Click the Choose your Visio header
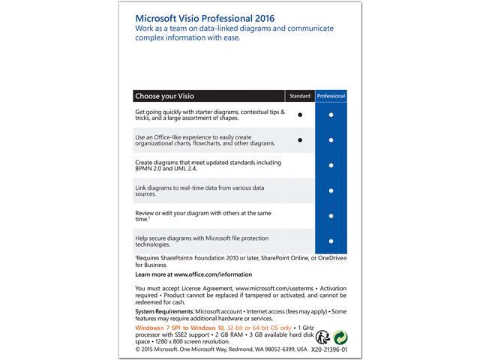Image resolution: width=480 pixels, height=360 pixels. (166, 97)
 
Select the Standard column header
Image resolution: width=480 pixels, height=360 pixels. (299, 97)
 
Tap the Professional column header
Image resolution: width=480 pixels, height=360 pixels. (331, 97)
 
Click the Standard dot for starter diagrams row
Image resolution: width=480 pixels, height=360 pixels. (299, 115)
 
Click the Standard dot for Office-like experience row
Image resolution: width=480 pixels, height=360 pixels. (299, 140)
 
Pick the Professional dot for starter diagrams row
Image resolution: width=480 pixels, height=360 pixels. (331, 115)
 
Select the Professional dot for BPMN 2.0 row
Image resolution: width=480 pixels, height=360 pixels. (331, 165)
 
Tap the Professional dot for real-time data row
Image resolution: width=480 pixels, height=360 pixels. (331, 190)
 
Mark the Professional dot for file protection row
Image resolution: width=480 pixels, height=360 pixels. (331, 241)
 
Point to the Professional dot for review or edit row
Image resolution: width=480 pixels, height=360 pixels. (331, 215)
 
